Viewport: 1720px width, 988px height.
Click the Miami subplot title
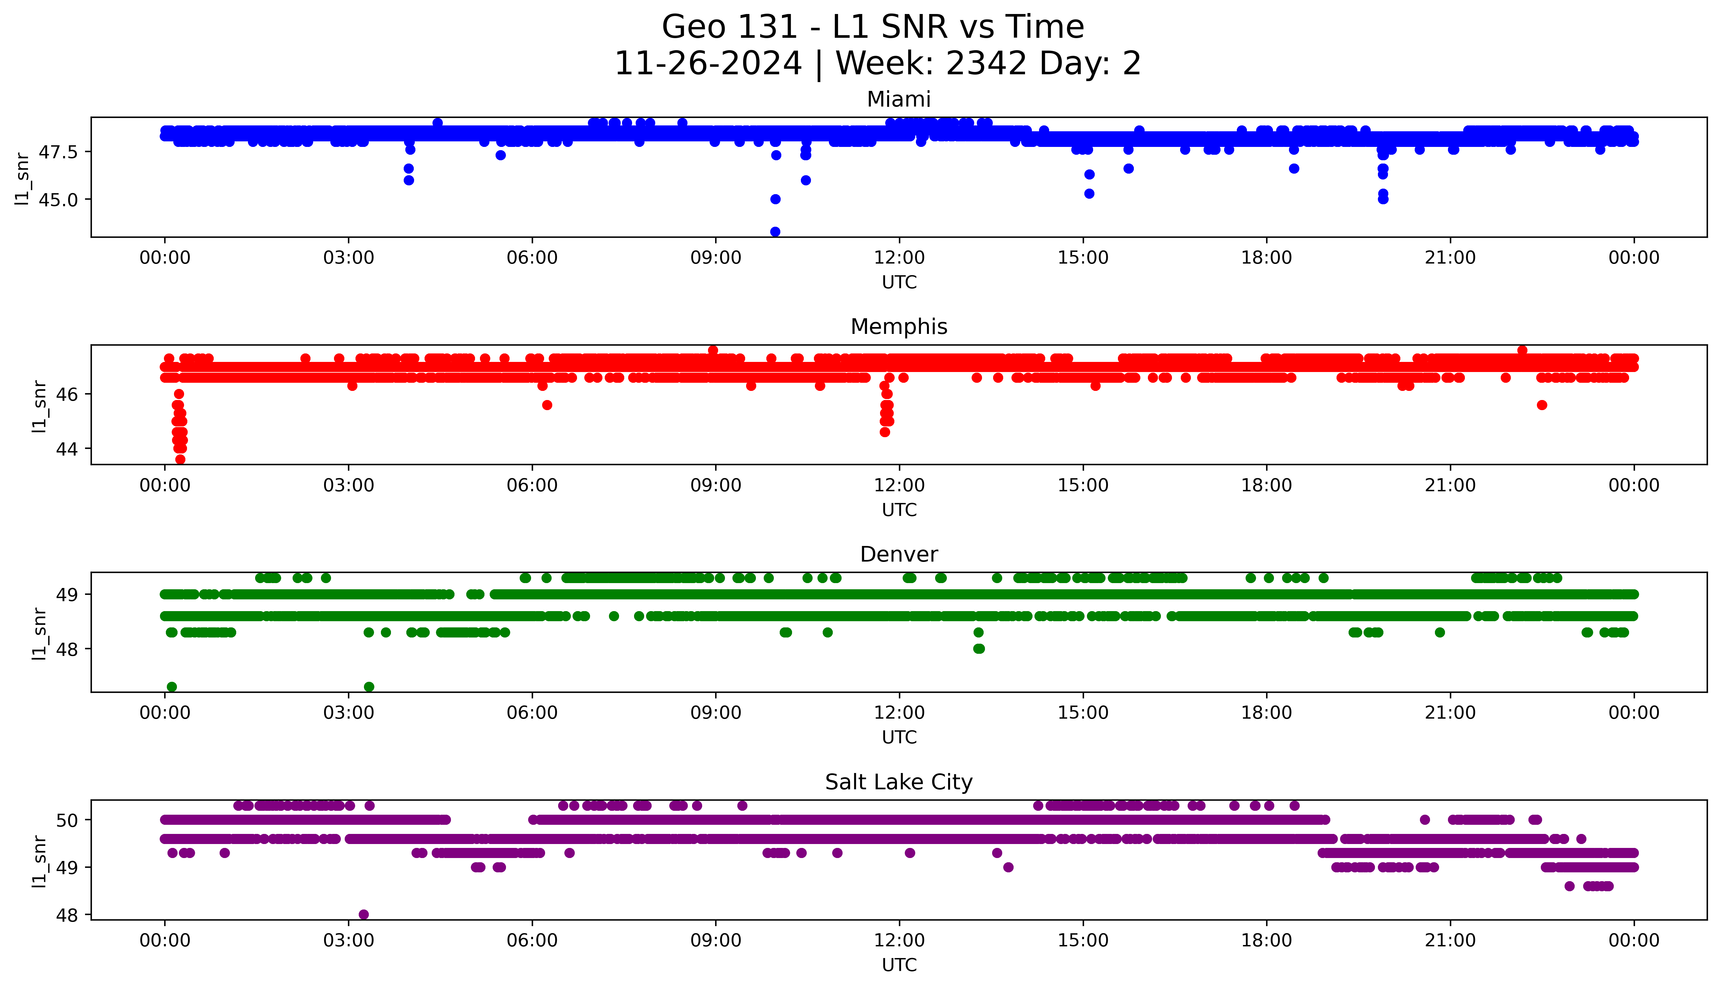898,100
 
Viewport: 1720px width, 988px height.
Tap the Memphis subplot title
898,327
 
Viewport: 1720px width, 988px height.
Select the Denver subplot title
898,554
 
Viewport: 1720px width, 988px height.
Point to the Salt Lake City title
898,782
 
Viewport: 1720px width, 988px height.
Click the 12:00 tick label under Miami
899,258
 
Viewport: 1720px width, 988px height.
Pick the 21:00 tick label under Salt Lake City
1450,940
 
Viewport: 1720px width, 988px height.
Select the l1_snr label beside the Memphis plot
39,406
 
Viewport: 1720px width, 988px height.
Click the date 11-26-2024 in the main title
708,64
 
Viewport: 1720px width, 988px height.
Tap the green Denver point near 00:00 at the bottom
172,687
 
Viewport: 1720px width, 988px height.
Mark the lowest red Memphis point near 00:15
180,459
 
